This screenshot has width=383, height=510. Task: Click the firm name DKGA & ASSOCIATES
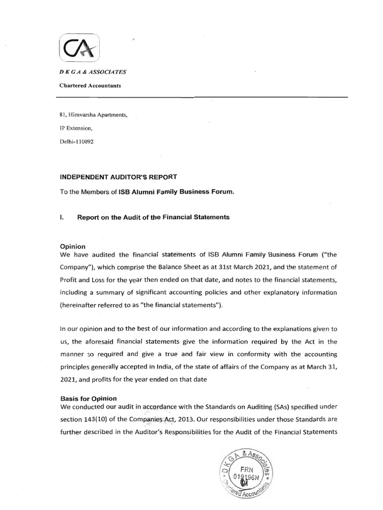(x=93, y=72)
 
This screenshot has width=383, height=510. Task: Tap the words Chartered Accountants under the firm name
(x=90, y=85)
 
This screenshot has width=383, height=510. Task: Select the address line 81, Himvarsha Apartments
(x=94, y=115)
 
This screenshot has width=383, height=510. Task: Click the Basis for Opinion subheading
(x=88, y=398)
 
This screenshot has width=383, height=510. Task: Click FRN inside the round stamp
(x=248, y=469)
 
